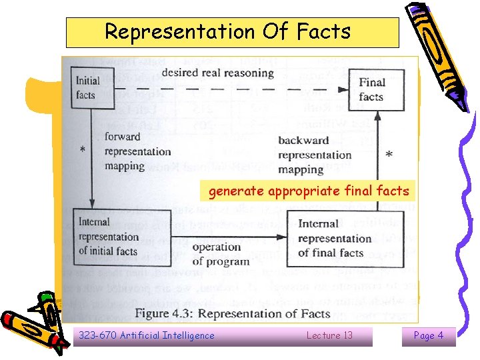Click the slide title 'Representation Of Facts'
tap(232, 32)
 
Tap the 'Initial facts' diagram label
tap(87, 87)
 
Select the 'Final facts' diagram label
tap(371, 89)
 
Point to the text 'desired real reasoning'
tap(218, 72)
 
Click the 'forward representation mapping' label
tap(137, 151)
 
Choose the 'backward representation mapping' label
tap(314, 155)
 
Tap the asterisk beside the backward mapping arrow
tap(389, 155)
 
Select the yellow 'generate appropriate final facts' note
tap(308, 192)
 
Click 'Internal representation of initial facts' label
tap(108, 237)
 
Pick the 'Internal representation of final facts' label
tap(335, 238)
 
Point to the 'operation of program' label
tap(221, 254)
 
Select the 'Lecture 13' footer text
tap(329, 335)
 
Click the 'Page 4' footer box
tap(428, 335)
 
